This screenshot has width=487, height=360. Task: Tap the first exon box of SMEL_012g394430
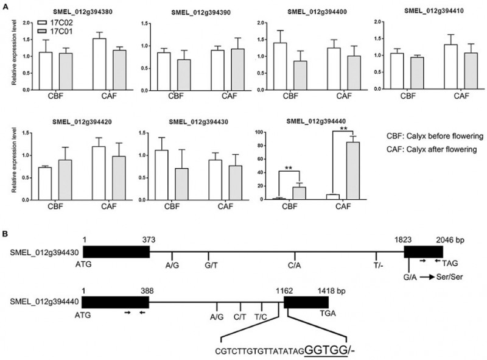[x=116, y=251]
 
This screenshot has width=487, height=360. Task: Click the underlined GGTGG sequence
[x=324, y=350]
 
